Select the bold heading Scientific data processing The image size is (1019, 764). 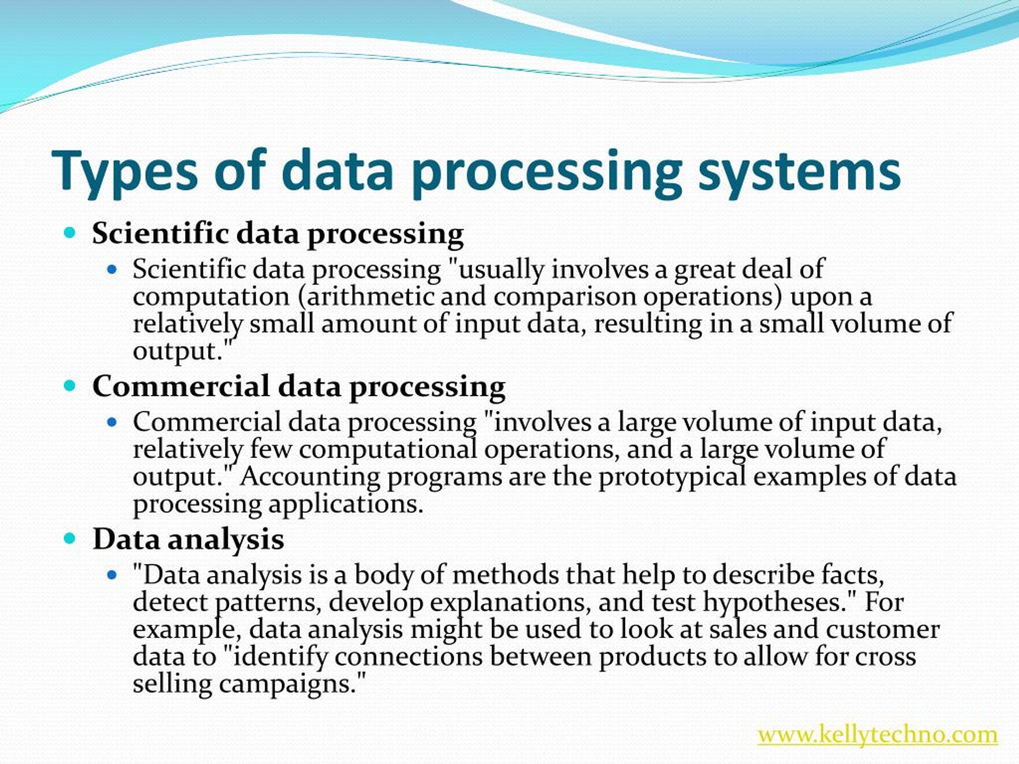pyautogui.click(x=278, y=233)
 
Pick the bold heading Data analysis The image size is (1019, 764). pyautogui.click(x=188, y=539)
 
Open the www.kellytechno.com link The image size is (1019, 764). pyautogui.click(x=878, y=734)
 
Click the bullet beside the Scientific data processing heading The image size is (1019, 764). pyautogui.click(x=70, y=232)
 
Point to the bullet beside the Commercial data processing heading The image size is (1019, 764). pyautogui.click(x=70, y=386)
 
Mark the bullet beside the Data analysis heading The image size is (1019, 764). pyautogui.click(x=70, y=538)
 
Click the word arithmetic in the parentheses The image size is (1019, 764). pyautogui.click(x=370, y=296)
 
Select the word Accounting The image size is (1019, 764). pyautogui.click(x=310, y=476)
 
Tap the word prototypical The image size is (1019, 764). pyautogui.click(x=672, y=476)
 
